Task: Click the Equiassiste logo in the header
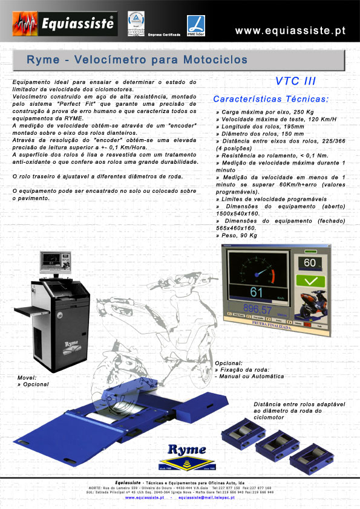[x=64, y=25]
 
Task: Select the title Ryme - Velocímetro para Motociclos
[x=137, y=60]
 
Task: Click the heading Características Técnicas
[x=271, y=99]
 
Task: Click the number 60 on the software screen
[x=310, y=263]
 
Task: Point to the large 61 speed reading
[x=256, y=293]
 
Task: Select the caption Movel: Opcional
[x=33, y=381]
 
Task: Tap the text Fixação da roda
[x=243, y=369]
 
